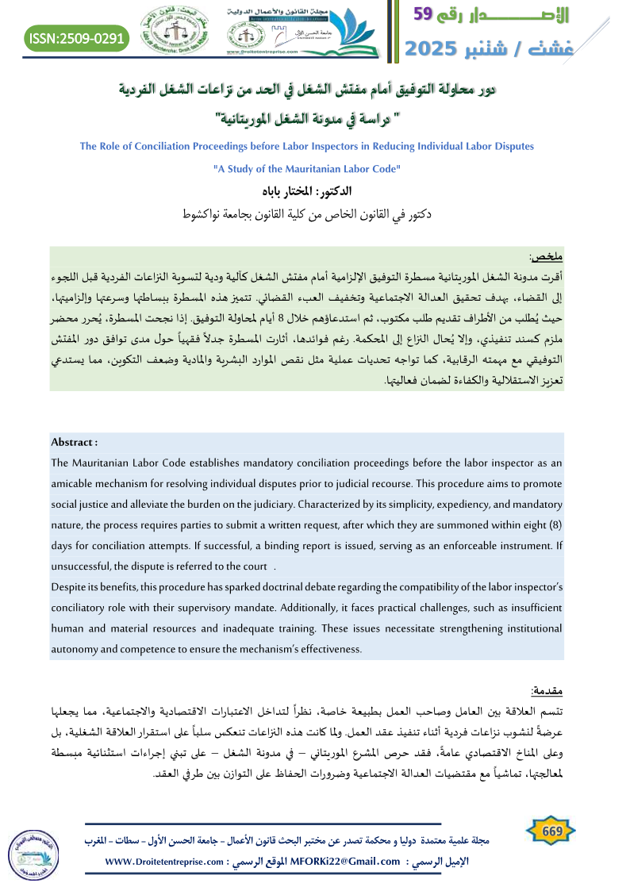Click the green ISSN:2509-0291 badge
76,36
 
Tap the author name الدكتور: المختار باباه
315,192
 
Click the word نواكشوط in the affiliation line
207,214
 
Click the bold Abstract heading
74,442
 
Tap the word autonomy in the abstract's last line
73,649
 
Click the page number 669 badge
551,831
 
